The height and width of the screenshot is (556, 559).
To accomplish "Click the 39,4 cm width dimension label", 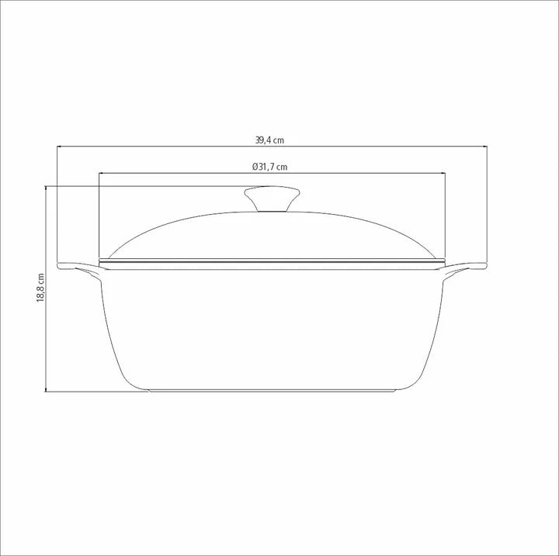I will (269, 140).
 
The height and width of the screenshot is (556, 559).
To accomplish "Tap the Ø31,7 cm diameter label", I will (269, 167).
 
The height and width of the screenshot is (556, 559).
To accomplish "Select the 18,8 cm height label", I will (40, 288).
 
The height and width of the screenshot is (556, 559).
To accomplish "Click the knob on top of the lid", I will (272, 199).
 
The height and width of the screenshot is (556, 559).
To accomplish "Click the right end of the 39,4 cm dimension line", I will (486, 147).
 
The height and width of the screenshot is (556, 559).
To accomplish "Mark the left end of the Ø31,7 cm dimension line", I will (99, 173).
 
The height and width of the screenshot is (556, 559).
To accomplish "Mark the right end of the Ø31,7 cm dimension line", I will (443, 173).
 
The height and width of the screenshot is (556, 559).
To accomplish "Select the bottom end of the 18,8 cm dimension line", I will (47, 392).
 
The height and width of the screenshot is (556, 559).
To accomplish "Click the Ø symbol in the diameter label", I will (255, 167).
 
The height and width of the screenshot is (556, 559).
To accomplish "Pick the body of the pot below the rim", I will (272, 326).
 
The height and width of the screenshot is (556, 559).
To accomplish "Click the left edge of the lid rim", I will (102, 260).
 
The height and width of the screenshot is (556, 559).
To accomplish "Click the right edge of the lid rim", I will (442, 260).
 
